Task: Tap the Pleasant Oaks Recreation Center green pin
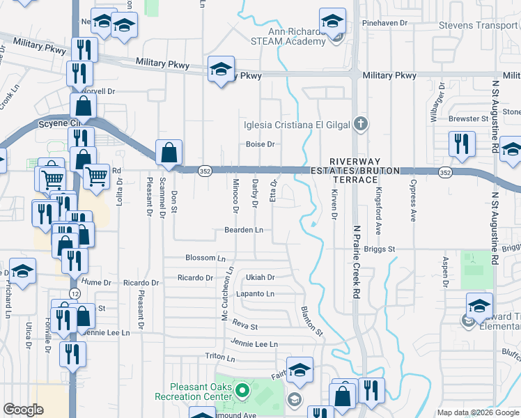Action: coord(242,391)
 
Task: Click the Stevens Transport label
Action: coord(478,26)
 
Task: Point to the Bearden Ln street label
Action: coord(243,229)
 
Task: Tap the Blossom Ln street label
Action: coord(205,258)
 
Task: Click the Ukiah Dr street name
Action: coord(260,277)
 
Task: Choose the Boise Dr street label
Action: coord(260,144)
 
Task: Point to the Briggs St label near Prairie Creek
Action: coord(379,249)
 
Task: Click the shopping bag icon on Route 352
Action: coord(169,151)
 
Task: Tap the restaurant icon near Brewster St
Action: coord(462,144)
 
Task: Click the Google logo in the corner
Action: coord(24,410)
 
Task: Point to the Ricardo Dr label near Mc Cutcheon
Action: coord(195,277)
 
